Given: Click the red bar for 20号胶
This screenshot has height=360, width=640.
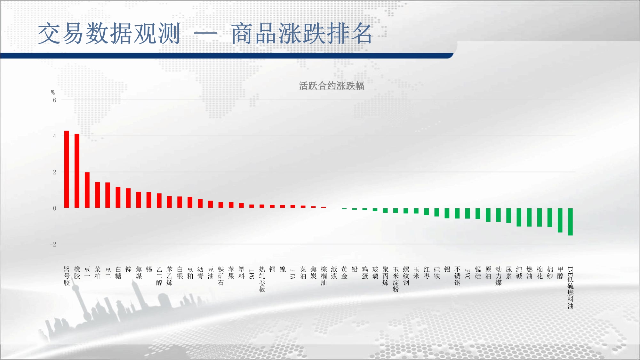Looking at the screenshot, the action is [x=67, y=169].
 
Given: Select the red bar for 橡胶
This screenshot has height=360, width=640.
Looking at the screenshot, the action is [x=77, y=171].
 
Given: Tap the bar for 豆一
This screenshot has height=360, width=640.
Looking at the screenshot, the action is [x=87, y=190].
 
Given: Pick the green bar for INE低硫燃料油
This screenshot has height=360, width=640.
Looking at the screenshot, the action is [x=570, y=222].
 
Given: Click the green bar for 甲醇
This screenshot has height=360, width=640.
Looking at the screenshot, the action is [x=560, y=220].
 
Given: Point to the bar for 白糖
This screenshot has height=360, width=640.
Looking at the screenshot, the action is [x=118, y=197].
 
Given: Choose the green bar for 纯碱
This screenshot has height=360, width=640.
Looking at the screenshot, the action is [x=519, y=218].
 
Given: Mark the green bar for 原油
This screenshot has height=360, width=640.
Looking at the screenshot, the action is [x=488, y=215].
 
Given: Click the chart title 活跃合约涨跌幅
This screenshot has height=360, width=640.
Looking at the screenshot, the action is [x=332, y=86].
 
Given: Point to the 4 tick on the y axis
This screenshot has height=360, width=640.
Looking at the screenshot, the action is [x=54, y=136].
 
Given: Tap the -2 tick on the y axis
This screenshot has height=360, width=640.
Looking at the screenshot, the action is [x=53, y=244].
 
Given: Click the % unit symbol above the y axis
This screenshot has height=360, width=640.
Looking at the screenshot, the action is [x=53, y=93].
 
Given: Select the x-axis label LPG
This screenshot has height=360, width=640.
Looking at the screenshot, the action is [x=252, y=274].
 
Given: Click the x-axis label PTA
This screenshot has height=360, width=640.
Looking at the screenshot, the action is [x=293, y=274].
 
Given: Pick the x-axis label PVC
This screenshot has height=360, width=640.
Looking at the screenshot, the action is [x=468, y=274].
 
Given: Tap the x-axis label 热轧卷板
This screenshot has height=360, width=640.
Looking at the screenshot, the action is [x=262, y=279].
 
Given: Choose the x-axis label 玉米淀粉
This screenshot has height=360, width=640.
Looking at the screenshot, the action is [x=396, y=279].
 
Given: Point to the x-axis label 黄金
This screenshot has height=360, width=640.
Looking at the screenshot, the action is [x=344, y=273].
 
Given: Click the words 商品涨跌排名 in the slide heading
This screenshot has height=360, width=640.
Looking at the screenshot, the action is [x=302, y=33].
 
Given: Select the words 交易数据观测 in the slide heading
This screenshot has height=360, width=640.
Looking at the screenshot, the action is [x=109, y=33].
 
